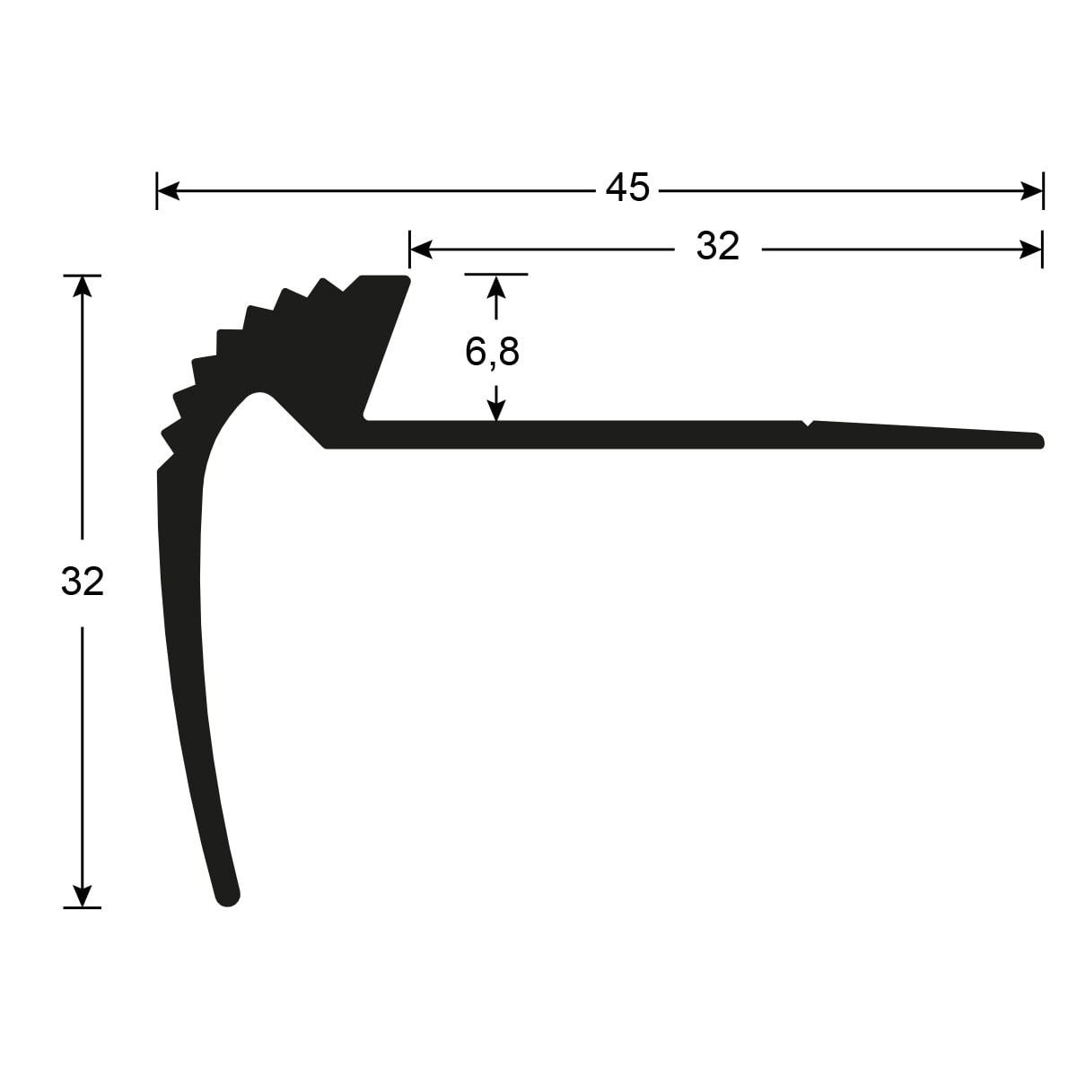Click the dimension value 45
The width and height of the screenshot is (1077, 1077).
(x=627, y=188)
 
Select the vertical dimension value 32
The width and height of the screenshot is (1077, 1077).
(x=83, y=582)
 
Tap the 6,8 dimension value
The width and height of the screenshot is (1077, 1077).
(x=492, y=352)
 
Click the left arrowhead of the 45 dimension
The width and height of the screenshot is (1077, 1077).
(x=168, y=190)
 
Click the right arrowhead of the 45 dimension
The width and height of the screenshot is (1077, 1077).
(x=1032, y=190)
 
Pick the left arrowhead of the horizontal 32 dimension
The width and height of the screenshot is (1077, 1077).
(x=421, y=250)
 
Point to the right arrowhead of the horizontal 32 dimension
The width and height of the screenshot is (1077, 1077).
(x=1030, y=250)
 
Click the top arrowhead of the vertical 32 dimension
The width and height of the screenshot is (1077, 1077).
(x=83, y=287)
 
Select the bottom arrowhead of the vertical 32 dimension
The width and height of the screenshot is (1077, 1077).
(x=83, y=896)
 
